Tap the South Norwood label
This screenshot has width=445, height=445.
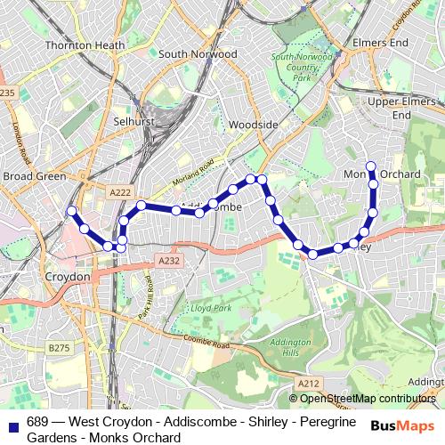click(198, 54)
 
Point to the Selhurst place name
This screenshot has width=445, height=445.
click(134, 120)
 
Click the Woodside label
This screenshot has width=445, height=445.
click(254, 125)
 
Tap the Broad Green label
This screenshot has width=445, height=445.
click(34, 176)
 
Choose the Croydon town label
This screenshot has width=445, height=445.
click(68, 278)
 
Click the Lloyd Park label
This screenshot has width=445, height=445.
click(210, 308)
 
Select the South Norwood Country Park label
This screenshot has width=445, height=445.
click(295, 68)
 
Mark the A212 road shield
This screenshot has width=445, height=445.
click(309, 383)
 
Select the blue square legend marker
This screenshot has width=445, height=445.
click(12, 422)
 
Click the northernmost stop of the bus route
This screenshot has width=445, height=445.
click(371, 166)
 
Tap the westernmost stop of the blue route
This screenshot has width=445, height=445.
click(71, 211)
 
